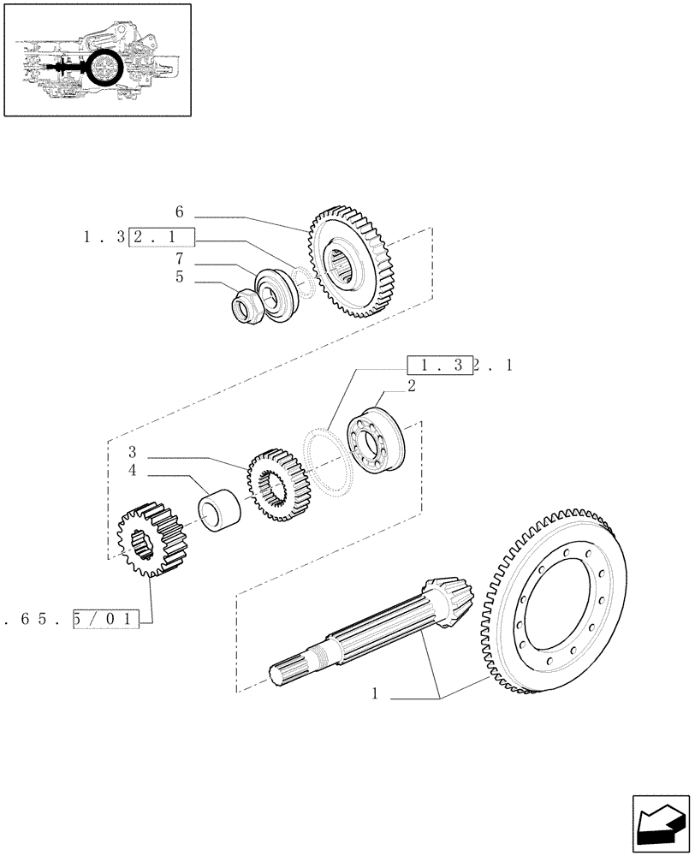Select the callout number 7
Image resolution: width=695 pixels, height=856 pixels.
tap(180, 259)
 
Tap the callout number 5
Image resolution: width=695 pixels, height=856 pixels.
tap(180, 276)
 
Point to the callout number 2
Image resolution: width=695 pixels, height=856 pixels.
tap(412, 386)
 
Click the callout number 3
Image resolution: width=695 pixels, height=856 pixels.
tap(133, 451)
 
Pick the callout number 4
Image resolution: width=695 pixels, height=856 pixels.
tap(133, 470)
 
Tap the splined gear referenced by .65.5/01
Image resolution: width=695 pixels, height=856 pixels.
tap(152, 540)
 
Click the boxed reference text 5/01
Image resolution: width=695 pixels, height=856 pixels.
tap(107, 616)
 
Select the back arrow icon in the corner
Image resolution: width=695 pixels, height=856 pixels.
tap(659, 823)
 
